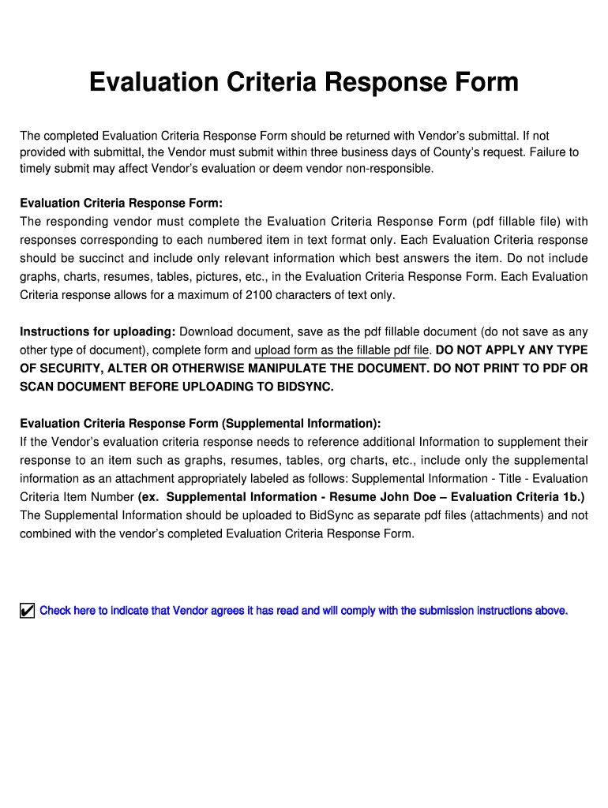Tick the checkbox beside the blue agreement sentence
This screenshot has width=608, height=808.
[x=28, y=611]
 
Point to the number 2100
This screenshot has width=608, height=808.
[x=284, y=295]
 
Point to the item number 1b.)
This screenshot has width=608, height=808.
[x=571, y=497]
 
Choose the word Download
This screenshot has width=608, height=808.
[x=207, y=331]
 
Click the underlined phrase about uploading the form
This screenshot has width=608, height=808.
[x=342, y=350]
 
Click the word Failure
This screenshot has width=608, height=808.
[x=535, y=152]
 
